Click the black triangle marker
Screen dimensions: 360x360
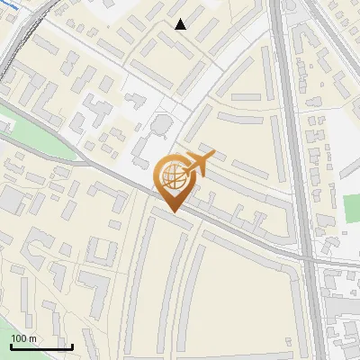tap(181, 24)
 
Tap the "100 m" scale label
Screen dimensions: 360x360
tap(23, 338)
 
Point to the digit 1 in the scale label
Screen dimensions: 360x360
tap(13, 338)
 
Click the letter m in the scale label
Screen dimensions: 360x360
tap(32, 338)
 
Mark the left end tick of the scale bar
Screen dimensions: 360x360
tap(11, 346)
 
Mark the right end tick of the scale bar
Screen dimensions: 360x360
tap(72, 346)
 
